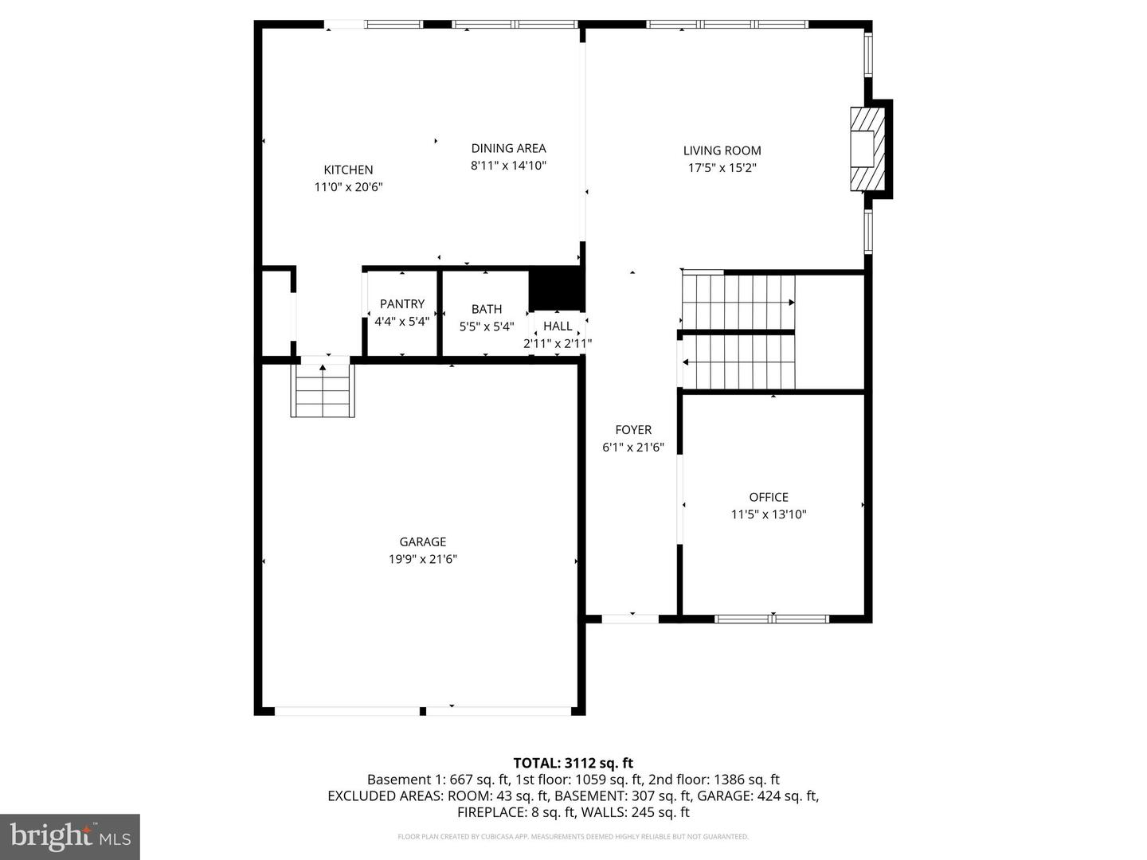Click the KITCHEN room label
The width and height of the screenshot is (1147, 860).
coord(348,170)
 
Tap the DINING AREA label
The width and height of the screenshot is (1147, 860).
coord(508,148)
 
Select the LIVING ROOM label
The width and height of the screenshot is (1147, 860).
coord(722,150)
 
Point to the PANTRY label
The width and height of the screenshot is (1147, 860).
coord(401,304)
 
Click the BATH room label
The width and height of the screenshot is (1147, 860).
coord(486,309)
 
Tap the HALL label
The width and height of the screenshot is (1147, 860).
coord(558,326)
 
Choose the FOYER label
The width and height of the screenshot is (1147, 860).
coord(633,430)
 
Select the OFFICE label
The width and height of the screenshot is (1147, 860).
coord(769,497)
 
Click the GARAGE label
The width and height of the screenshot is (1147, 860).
coord(422,542)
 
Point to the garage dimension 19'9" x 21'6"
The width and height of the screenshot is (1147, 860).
coord(422,559)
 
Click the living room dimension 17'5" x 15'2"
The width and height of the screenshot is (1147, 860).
coord(722,168)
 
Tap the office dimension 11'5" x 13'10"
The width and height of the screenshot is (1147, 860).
coord(769,514)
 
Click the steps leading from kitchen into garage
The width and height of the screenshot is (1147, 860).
coord(323,390)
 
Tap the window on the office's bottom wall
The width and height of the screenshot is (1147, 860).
coord(772,619)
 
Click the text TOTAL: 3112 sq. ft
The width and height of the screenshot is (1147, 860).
coord(573,763)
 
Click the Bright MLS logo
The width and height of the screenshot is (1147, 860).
coord(70,836)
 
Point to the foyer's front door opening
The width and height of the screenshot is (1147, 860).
coord(630,618)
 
